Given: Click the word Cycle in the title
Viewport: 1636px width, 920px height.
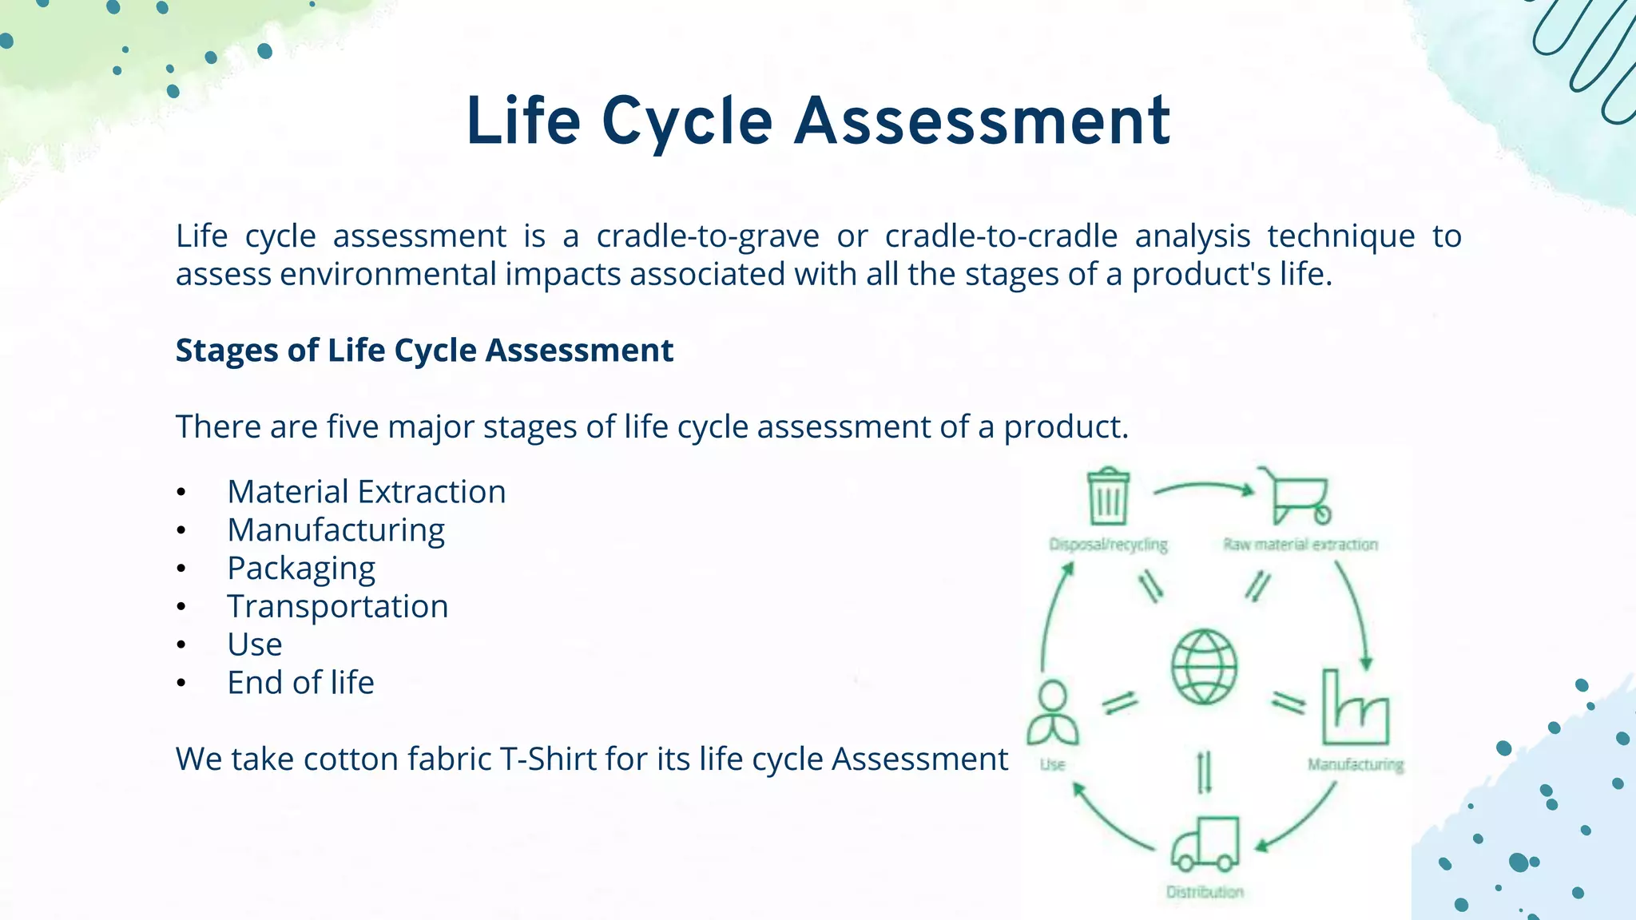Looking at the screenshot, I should pos(687,121).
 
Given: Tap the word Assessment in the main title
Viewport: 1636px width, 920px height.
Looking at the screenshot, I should pos(983,121).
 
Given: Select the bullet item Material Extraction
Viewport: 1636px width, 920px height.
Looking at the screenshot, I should pos(366,492).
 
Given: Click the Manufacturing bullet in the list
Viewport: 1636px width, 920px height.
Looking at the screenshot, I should pos(336,530).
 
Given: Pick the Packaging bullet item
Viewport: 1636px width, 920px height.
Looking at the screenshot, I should pos(301,569).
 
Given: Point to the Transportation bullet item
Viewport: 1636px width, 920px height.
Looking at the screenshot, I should pos(337,607).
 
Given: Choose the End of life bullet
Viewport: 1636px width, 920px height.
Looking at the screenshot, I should pos(300,683).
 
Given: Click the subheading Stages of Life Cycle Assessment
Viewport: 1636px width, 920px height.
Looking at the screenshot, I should pos(424,351).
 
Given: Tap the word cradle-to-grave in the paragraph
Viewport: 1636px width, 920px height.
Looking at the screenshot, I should pos(708,236).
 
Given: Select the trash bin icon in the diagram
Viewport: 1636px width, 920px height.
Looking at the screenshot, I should pos(1108,496).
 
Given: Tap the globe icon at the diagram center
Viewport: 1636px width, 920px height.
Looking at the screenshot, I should pos(1204,667).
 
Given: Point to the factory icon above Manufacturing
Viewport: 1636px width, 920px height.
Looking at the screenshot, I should pos(1355,709).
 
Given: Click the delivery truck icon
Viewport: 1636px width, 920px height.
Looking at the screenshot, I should pos(1205,843).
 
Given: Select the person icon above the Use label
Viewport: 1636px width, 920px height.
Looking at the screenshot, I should pos(1052,712).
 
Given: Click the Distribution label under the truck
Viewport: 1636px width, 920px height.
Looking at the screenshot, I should pos(1205,892).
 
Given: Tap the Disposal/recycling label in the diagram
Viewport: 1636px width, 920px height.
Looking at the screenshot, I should pos(1108,545).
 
